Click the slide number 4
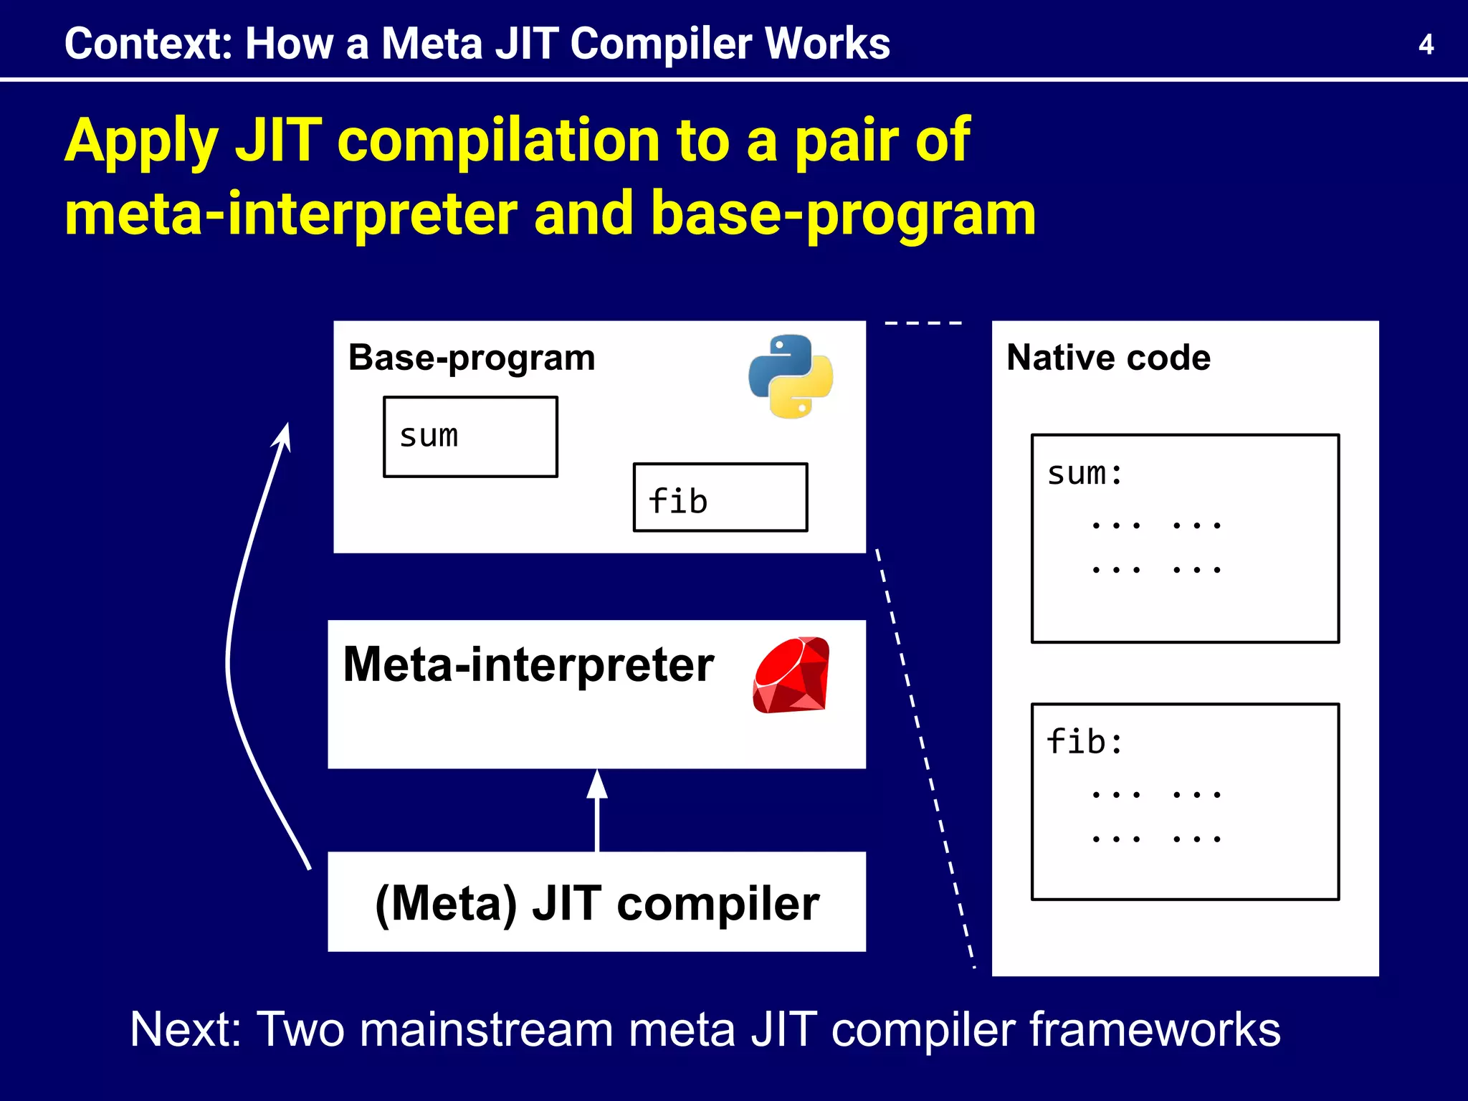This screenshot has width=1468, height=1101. click(1425, 45)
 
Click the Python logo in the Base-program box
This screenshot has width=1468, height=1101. click(790, 376)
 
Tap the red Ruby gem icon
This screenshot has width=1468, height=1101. click(791, 675)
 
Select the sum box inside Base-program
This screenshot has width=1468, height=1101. click(470, 437)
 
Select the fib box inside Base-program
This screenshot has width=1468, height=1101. click(720, 497)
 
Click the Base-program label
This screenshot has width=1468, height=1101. click(471, 358)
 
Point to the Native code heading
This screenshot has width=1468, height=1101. click(1107, 358)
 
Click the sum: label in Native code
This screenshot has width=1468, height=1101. click(1085, 474)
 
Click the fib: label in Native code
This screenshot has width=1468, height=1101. click(1085, 742)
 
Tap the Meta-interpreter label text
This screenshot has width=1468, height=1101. click(528, 665)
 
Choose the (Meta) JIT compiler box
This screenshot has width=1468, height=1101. click(596, 902)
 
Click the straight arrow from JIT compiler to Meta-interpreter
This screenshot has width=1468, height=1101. click(597, 817)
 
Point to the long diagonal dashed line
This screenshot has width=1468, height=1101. click(925, 760)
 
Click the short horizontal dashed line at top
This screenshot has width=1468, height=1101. click(923, 323)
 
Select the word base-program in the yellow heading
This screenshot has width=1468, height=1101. click(843, 214)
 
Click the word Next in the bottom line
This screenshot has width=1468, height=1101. click(185, 1029)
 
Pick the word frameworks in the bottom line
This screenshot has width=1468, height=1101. click(1155, 1029)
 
